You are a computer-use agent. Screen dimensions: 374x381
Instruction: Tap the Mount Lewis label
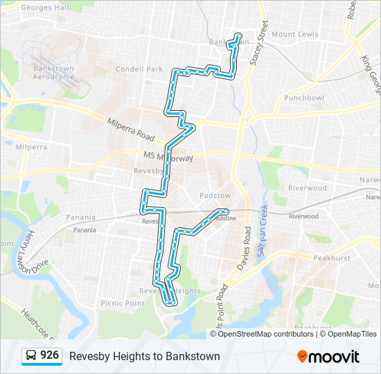[294, 34]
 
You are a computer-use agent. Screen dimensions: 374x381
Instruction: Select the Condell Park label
[139, 69]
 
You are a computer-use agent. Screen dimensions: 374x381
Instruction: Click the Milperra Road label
[131, 128]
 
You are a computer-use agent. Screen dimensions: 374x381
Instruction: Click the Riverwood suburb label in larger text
[308, 188]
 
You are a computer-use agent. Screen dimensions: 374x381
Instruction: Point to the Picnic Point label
[122, 303]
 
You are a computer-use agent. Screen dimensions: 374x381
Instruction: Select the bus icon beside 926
[32, 356]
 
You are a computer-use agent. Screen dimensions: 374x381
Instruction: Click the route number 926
[49, 356]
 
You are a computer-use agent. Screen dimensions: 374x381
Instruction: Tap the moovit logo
[328, 357]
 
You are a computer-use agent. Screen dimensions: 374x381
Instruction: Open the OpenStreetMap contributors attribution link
[266, 334]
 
